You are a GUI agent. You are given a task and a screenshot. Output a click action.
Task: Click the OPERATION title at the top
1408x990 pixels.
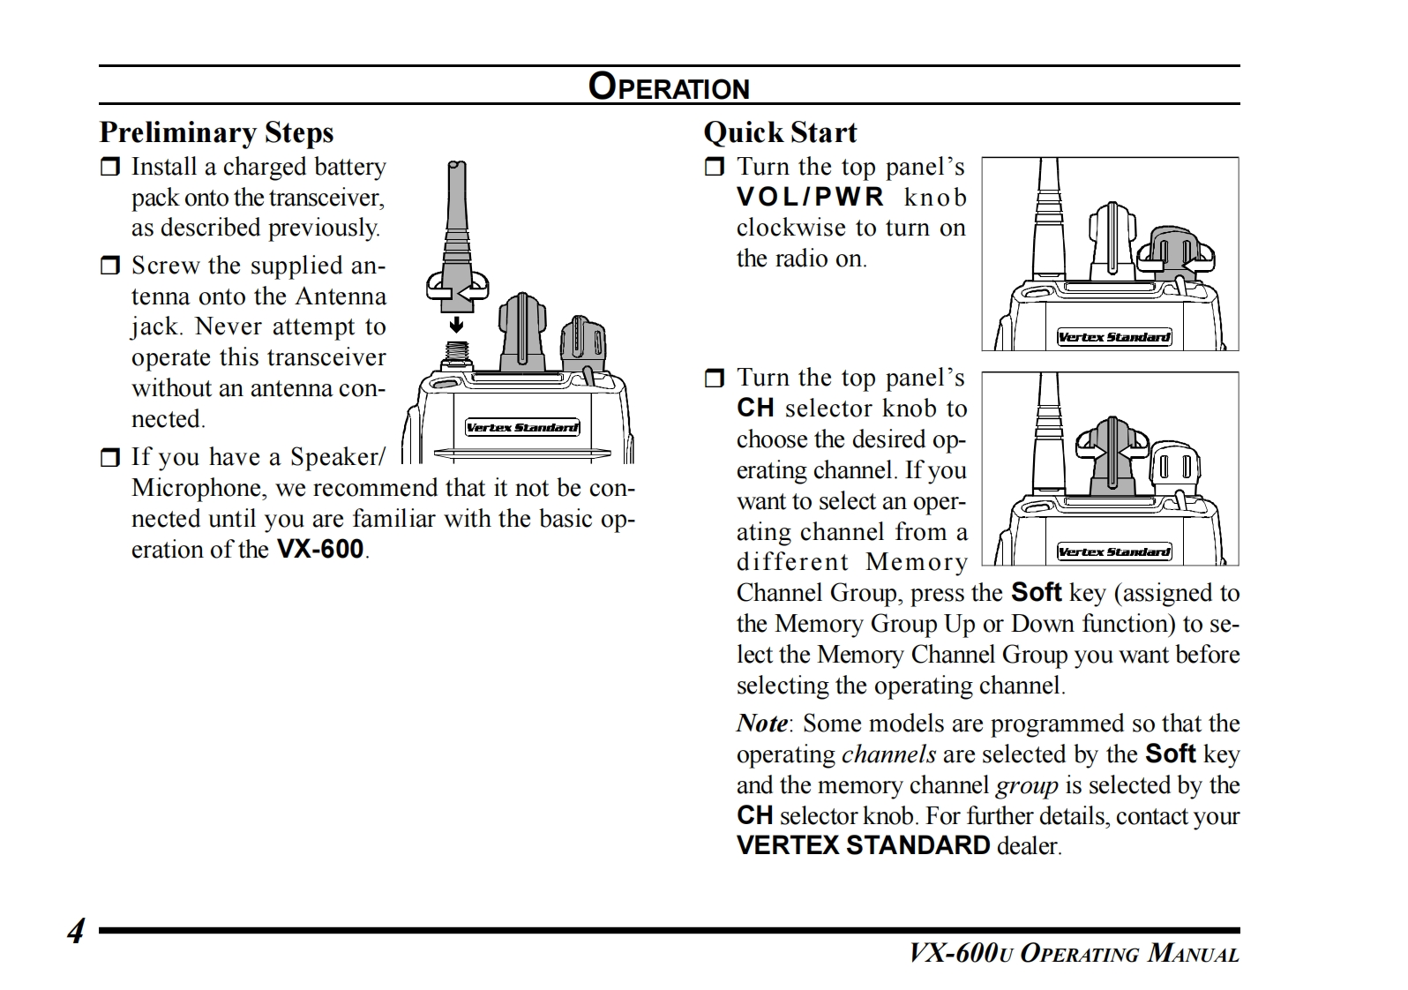(x=669, y=86)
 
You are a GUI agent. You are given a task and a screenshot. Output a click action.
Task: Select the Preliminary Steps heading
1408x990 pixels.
(x=216, y=132)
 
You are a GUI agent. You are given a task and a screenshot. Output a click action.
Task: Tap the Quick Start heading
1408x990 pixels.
(x=780, y=132)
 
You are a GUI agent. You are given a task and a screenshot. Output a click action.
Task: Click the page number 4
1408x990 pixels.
(x=77, y=931)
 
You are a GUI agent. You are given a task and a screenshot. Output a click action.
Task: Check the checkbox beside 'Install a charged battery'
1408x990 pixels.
(x=109, y=168)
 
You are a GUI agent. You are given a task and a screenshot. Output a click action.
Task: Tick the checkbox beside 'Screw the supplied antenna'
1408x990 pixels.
(x=109, y=266)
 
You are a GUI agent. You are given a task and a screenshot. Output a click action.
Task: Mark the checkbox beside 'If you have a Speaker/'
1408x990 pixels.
(x=109, y=457)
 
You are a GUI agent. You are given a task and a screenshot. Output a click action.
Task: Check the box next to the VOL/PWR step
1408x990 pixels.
(x=714, y=168)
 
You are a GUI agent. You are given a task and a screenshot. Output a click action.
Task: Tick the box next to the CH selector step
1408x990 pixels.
(x=714, y=379)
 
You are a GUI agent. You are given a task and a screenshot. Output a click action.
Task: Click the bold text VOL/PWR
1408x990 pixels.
(x=810, y=198)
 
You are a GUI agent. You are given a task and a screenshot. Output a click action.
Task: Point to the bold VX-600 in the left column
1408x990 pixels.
(x=320, y=550)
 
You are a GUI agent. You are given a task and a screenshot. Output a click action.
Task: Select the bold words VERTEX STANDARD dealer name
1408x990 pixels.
(x=863, y=845)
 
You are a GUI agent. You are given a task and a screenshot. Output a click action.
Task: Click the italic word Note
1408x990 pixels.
(x=762, y=724)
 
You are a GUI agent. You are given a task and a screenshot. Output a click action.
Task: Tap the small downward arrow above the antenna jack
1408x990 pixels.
(x=457, y=326)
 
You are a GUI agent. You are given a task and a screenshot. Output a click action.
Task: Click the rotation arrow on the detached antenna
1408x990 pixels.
(x=457, y=287)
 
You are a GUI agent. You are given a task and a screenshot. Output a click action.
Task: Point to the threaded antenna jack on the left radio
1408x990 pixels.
(x=457, y=354)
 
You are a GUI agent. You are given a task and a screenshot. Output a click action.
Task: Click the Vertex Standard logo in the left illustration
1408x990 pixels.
(x=522, y=428)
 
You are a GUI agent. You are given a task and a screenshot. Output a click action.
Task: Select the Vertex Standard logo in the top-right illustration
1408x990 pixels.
(x=1113, y=337)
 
